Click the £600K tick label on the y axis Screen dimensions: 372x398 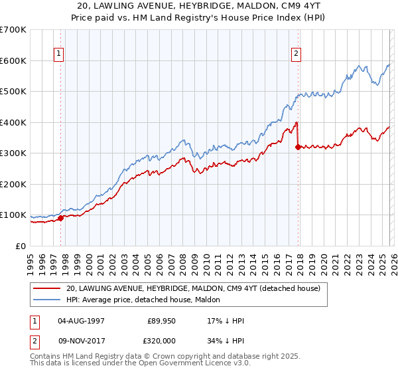point(13,60)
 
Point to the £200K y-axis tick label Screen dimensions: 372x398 point(13,184)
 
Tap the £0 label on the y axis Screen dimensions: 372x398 point(21,246)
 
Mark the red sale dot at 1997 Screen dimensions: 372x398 point(60,217)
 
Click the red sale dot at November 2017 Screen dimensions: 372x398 point(298,147)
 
